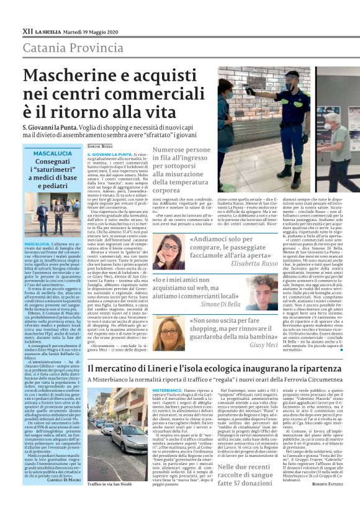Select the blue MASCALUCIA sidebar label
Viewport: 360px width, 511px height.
pyautogui.click(x=53, y=153)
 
